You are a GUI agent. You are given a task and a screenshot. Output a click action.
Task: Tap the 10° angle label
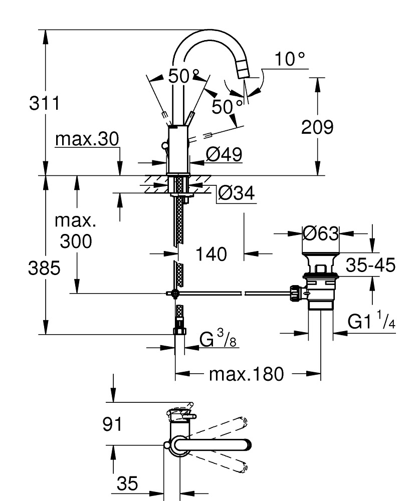[289, 60]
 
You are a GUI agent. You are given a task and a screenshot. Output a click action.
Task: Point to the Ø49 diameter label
[224, 154]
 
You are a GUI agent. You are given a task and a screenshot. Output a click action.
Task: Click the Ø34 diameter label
[236, 192]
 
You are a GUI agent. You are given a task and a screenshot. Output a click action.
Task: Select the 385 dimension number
[44, 268]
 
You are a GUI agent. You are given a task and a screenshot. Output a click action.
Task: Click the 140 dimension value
[211, 255]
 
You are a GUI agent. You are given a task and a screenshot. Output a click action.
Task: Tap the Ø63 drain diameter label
[321, 233]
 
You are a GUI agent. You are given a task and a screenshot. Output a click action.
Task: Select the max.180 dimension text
[247, 374]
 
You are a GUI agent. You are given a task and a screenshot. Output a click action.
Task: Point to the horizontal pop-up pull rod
[231, 294]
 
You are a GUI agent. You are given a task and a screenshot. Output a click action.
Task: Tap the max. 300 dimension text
[76, 231]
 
